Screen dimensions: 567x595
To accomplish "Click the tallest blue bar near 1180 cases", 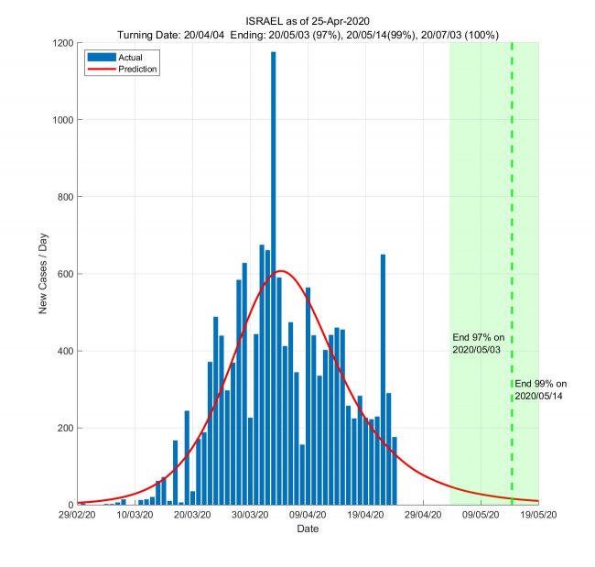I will pyautogui.click(x=273, y=275).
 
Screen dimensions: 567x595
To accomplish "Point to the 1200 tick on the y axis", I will pyautogui.click(x=63, y=43).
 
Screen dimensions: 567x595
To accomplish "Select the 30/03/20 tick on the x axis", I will pyautogui.click(x=251, y=516).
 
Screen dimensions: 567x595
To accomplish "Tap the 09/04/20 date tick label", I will pyautogui.click(x=308, y=516).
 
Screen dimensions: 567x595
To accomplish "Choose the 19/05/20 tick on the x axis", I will pyautogui.click(x=538, y=516).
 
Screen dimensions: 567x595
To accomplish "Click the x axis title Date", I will pyautogui.click(x=308, y=529).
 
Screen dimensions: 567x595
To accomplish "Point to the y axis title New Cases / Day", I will pyautogui.click(x=43, y=273).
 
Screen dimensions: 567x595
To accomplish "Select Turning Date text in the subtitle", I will pyautogui.click(x=149, y=34).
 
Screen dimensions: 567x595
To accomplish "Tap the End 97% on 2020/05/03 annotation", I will pyautogui.click(x=479, y=343).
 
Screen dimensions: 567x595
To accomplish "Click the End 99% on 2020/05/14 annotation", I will pyautogui.click(x=541, y=389).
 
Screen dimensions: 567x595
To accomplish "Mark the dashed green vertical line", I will pyautogui.click(x=512, y=229).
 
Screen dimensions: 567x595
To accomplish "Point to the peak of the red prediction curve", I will pyautogui.click(x=282, y=270).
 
